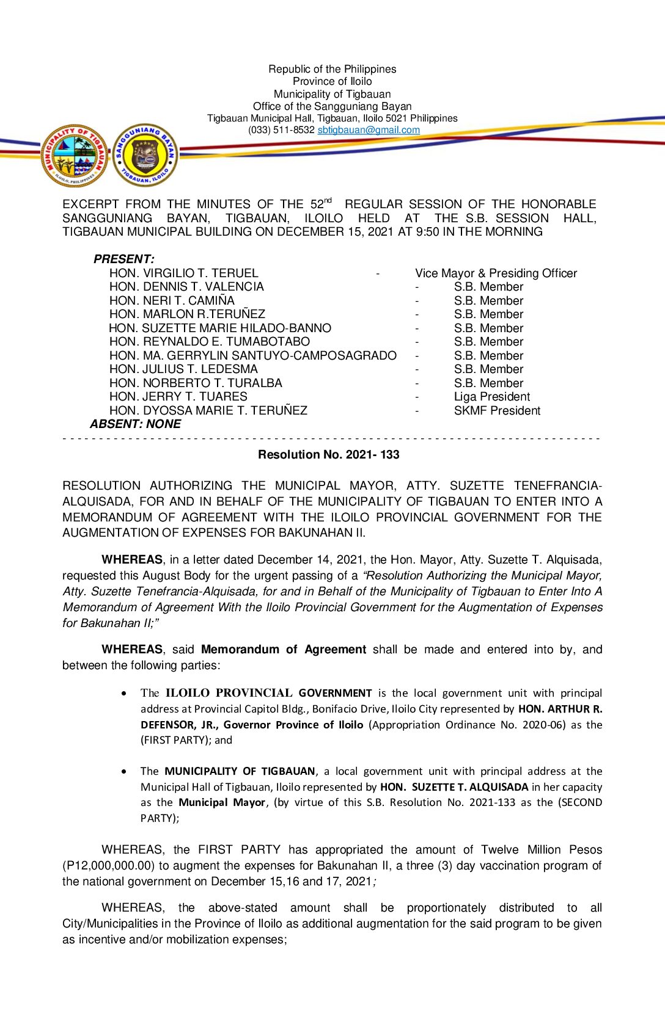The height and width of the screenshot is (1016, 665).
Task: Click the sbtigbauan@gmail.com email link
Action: coord(369,130)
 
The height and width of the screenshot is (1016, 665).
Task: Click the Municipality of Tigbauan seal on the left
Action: coord(74,156)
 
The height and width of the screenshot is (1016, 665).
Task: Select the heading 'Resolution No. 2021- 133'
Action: coord(329,454)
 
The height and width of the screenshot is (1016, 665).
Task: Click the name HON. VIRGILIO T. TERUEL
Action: coord(183,273)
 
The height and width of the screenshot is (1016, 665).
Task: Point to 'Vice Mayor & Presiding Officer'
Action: coord(496,273)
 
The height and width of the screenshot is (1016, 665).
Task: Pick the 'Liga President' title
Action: coord(491,397)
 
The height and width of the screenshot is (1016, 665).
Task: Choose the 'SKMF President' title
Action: coord(497,410)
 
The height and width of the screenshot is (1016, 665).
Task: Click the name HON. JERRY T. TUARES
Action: coord(178,397)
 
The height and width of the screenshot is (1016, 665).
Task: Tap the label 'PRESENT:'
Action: coord(124,259)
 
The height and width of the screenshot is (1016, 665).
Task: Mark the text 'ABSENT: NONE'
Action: coord(136,424)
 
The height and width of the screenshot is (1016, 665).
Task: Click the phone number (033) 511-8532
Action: coord(281,130)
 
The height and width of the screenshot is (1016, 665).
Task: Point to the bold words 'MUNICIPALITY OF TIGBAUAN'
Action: coord(240,771)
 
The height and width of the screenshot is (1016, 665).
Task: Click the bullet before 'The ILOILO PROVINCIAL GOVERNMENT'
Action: coord(125,693)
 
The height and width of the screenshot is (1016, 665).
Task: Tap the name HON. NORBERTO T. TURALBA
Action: coord(196,383)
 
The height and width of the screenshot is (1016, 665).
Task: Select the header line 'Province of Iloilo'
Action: coord(332,81)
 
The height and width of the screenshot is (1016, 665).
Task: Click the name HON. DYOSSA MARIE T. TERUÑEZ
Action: coord(208,410)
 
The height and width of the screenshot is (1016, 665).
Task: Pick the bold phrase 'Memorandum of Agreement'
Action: coord(284,649)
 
